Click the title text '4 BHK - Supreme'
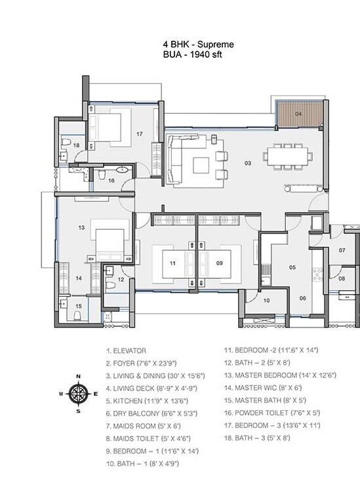click(x=198, y=45)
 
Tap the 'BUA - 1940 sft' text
click(x=193, y=55)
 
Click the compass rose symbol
click(x=78, y=393)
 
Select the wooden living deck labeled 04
click(x=299, y=116)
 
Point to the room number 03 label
click(x=248, y=161)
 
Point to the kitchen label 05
click(x=292, y=267)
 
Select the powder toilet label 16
click(x=111, y=180)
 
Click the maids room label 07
click(x=342, y=250)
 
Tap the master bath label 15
click(x=79, y=305)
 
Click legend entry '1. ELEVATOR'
click(x=125, y=351)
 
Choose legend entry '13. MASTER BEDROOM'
click(x=280, y=375)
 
